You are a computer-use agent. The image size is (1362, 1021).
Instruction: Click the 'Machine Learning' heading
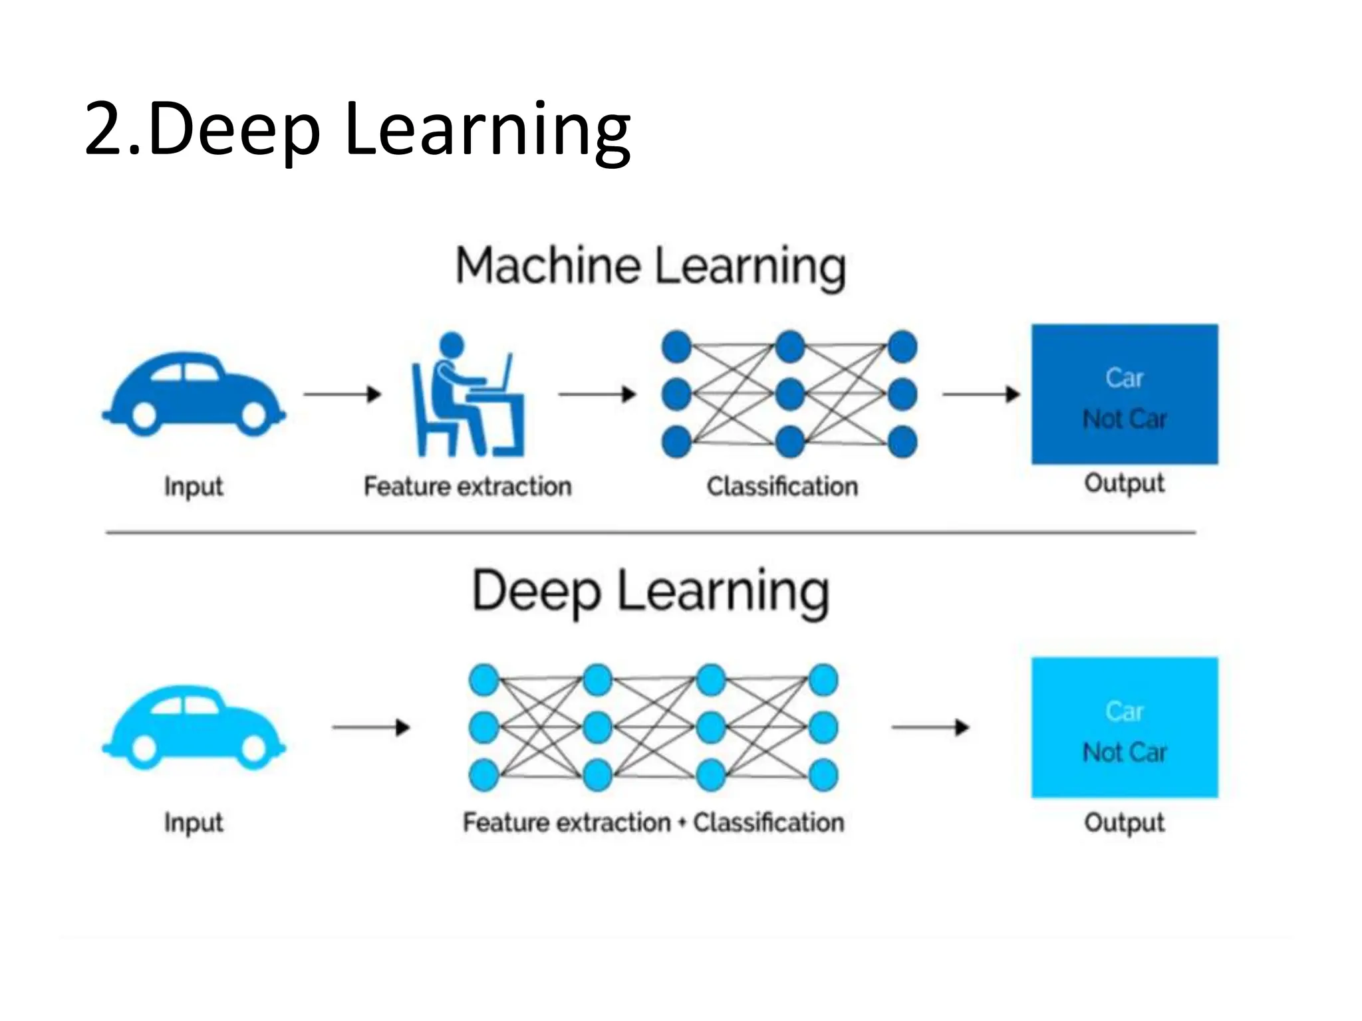click(x=650, y=266)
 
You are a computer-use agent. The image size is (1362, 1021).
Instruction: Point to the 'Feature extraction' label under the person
click(x=468, y=487)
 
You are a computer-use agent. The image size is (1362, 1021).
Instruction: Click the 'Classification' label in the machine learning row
click(x=782, y=487)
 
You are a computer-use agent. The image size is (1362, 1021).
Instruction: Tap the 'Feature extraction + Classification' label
click(x=653, y=823)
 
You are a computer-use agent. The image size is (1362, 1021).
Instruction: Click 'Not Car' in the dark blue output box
click(x=1125, y=419)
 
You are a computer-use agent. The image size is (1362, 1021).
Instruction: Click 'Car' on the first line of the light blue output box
click(x=1125, y=711)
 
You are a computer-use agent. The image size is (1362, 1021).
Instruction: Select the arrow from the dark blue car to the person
click(x=342, y=394)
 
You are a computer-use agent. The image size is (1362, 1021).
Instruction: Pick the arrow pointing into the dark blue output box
click(x=981, y=394)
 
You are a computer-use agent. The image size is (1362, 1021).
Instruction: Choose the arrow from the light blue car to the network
click(x=371, y=727)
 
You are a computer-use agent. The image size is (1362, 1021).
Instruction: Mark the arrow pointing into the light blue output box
click(x=930, y=727)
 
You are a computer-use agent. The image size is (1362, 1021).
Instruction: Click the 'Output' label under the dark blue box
click(x=1125, y=483)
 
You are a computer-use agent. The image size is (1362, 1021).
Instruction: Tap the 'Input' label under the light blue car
click(x=194, y=823)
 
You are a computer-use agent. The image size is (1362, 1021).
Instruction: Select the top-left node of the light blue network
click(x=484, y=680)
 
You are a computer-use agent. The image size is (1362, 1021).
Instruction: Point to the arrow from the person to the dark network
click(x=597, y=394)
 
